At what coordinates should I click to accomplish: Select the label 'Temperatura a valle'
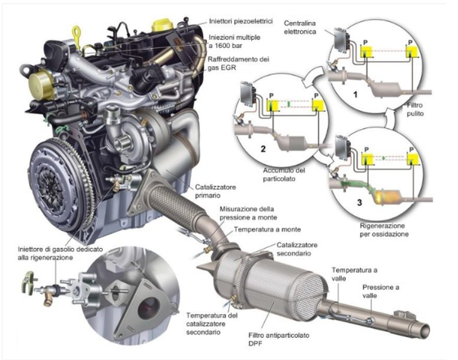(x=353, y=275)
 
